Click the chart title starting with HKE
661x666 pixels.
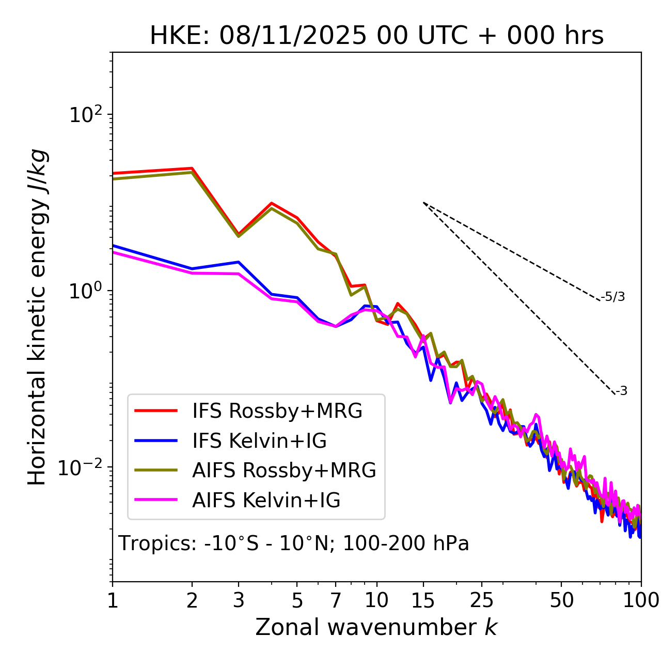coord(376,36)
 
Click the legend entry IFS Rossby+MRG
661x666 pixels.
coord(277,411)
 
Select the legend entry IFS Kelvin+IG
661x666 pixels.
coord(259,441)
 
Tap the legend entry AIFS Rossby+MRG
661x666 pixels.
coord(284,470)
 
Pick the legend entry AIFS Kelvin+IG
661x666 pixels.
coord(266,500)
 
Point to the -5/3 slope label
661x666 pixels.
coord(613,297)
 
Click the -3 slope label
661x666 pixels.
coord(621,391)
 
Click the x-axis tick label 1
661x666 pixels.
coord(113,600)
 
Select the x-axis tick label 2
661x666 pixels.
coord(192,600)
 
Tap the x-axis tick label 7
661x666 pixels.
coord(336,600)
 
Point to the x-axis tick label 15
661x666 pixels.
coord(423,600)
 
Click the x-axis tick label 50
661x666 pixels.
coord(561,600)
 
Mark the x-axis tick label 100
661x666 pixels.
coord(641,600)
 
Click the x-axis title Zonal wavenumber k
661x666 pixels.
coord(376,627)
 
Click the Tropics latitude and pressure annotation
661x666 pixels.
coord(294,543)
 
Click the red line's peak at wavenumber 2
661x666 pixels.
coord(192,168)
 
